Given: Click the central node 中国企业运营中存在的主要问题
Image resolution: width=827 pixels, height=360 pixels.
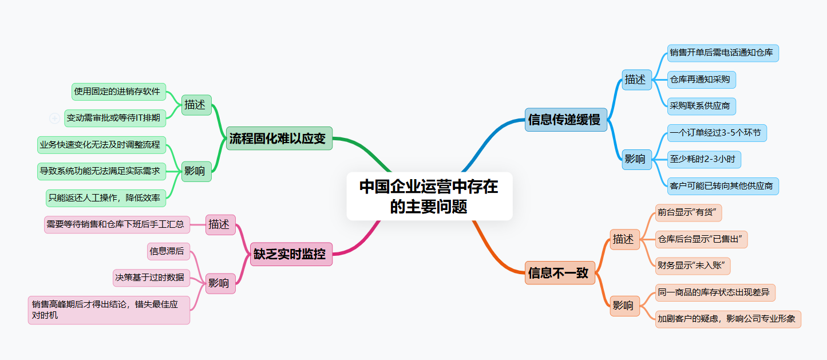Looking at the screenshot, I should click(x=429, y=196).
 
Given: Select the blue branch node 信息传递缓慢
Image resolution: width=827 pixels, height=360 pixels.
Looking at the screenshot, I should click(x=565, y=120).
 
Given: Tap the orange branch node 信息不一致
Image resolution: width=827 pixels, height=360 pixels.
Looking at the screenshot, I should click(x=560, y=272).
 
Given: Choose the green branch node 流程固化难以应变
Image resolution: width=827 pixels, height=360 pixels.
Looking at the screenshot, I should click(x=279, y=138).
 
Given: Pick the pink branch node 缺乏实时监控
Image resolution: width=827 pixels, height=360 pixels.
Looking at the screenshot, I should click(x=291, y=254).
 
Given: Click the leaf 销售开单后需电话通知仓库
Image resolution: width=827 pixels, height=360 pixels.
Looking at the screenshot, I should click(x=723, y=53).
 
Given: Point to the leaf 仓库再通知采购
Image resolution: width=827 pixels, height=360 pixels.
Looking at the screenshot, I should click(x=701, y=80).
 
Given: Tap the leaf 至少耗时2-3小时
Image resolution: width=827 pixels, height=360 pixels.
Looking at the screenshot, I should click(x=704, y=159).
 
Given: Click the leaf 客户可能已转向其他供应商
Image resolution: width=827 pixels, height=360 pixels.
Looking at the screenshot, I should click(x=723, y=185).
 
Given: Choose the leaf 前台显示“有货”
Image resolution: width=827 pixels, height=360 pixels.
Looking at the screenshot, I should click(x=688, y=212).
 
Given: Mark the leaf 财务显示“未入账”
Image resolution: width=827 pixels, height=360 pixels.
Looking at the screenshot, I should click(x=693, y=266).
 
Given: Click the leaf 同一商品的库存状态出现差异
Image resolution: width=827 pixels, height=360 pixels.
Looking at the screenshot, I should click(x=715, y=292).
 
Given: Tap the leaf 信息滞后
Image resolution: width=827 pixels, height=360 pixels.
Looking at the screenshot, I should click(x=168, y=251).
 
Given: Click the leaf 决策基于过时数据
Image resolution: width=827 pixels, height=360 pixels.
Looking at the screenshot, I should click(x=151, y=278).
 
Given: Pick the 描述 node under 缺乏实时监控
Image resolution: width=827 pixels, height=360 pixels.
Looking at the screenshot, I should click(x=220, y=224).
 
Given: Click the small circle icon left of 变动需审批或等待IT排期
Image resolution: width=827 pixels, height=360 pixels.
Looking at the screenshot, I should click(x=55, y=118).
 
